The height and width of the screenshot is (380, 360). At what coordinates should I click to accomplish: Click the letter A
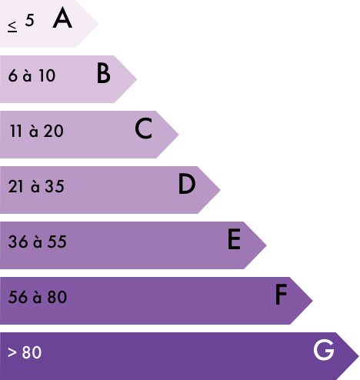[x=62, y=18]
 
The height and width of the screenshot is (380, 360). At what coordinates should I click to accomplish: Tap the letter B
[x=104, y=73]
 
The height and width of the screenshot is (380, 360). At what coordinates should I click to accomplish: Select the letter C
[x=144, y=128]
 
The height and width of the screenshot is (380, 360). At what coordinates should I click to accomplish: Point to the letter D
[x=187, y=184]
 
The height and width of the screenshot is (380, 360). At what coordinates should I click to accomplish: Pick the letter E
[x=234, y=239]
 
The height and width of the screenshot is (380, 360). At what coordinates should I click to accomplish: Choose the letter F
[x=281, y=295]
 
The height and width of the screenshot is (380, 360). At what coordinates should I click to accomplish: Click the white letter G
[x=324, y=350]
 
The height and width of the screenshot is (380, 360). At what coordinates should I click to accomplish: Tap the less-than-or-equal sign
[x=12, y=27]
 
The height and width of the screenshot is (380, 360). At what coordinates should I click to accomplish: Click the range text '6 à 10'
[x=32, y=75]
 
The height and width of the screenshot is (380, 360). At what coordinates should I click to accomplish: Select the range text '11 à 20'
[x=36, y=131]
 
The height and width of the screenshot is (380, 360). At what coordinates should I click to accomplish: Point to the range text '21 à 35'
[x=36, y=186]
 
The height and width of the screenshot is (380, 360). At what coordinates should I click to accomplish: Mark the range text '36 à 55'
[x=38, y=242]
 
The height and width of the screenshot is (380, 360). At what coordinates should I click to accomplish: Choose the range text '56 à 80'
[x=38, y=297]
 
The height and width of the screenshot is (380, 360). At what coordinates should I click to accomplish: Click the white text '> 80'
[x=25, y=352]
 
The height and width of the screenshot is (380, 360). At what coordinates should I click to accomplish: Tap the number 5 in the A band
[x=29, y=20]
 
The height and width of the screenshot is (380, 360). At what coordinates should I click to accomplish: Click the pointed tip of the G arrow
[x=358, y=356]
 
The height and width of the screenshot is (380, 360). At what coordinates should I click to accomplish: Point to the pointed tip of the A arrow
[x=98, y=24]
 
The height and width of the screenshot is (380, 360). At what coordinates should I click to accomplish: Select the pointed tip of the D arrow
[x=220, y=190]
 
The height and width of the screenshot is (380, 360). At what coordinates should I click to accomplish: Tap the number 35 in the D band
[x=55, y=186]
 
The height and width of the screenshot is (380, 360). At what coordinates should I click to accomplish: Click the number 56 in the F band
[x=18, y=297]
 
